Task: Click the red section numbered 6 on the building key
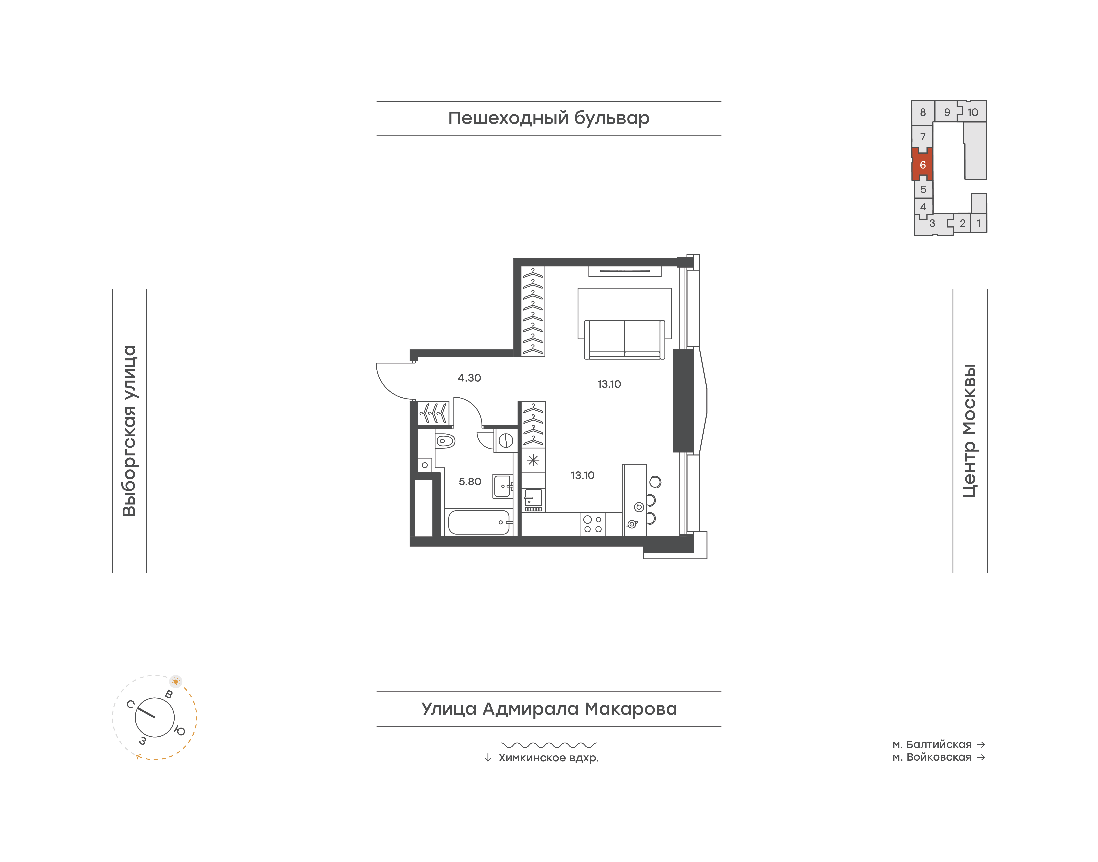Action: pyautogui.click(x=922, y=165)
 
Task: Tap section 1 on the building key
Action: pyautogui.click(x=979, y=223)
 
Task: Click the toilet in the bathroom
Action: pyautogui.click(x=445, y=441)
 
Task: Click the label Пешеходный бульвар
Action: pyautogui.click(x=549, y=118)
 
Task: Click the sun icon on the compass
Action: pyautogui.click(x=176, y=681)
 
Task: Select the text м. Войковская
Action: pyautogui.click(x=932, y=757)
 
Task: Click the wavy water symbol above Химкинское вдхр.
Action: pyautogui.click(x=549, y=744)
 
